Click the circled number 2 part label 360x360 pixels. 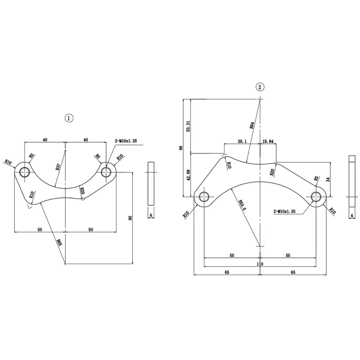[260, 87]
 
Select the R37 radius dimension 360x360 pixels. [58, 167]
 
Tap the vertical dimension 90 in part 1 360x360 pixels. [130, 218]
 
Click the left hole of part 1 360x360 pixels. [24, 171]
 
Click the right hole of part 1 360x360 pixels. [107, 171]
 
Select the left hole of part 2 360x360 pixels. [204, 197]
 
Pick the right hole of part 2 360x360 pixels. [317, 197]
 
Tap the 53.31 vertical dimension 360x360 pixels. [188, 126]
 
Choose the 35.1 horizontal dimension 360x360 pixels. [242, 141]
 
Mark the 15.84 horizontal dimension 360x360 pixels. [268, 141]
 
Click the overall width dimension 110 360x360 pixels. [260, 264]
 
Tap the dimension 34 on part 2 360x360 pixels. [328, 180]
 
